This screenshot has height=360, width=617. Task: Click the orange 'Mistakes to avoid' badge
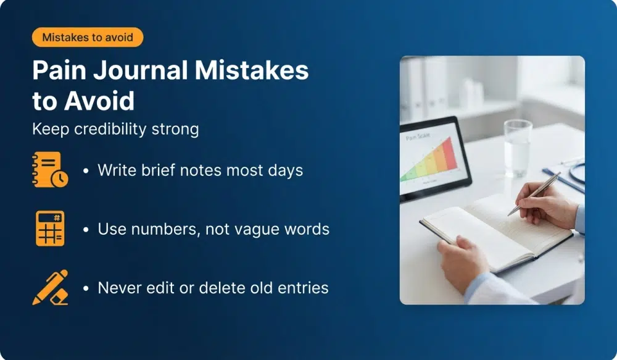pos(87,37)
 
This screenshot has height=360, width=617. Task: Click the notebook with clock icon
pos(49,169)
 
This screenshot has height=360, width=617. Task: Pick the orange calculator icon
pos(49,228)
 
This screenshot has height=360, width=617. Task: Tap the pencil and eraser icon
pos(49,287)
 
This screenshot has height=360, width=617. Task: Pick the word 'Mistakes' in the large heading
pos(252,71)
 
